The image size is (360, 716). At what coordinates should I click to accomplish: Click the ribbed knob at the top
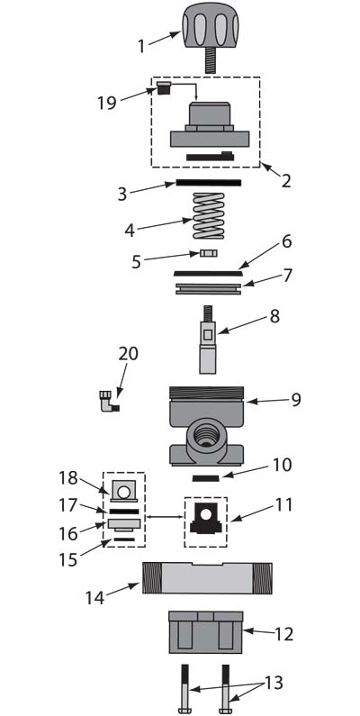(x=210, y=25)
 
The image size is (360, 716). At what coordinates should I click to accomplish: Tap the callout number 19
(x=106, y=103)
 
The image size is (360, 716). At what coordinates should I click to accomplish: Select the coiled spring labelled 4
(x=209, y=215)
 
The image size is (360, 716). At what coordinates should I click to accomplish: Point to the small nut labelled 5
(x=209, y=253)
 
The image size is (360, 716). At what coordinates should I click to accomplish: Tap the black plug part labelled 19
(x=164, y=87)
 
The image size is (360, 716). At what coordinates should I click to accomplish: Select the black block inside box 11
(x=206, y=522)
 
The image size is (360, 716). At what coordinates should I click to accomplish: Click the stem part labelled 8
(x=208, y=340)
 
